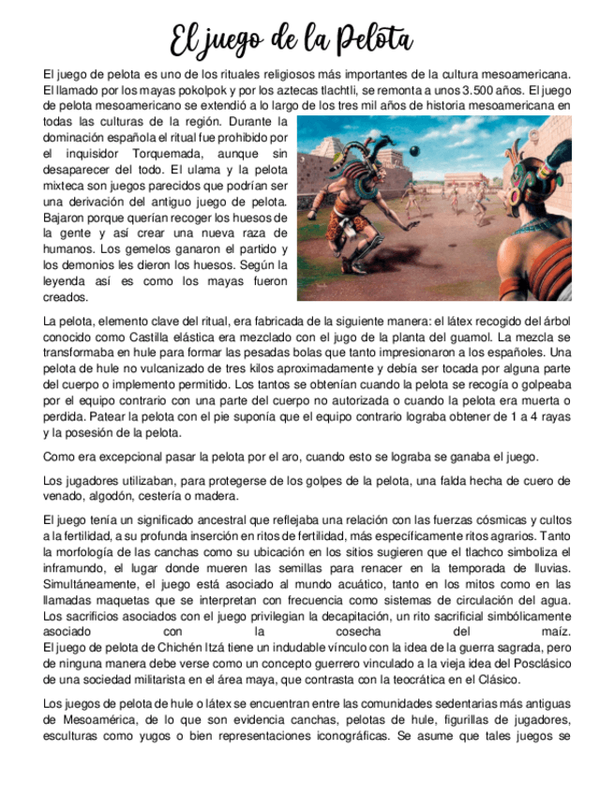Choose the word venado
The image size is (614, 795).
66,497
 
